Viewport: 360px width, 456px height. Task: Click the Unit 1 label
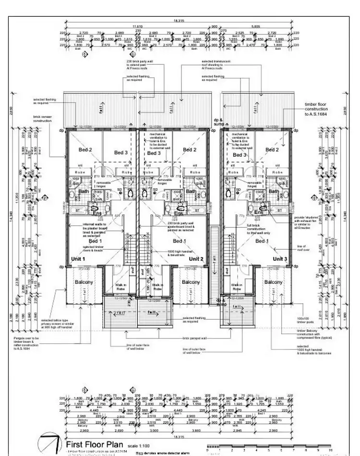(x=77, y=259)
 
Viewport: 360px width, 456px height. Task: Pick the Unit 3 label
(x=280, y=259)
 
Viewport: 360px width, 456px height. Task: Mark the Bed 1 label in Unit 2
(x=180, y=241)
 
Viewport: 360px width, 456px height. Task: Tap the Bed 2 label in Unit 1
(x=85, y=150)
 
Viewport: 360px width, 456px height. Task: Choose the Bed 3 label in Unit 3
(x=239, y=155)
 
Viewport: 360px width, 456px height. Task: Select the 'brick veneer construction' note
(x=43, y=118)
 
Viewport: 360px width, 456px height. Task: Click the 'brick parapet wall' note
(x=194, y=338)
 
